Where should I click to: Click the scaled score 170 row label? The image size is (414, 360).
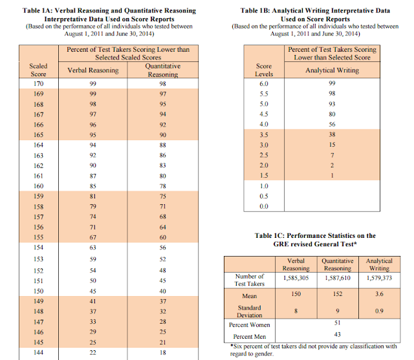tap(39, 83)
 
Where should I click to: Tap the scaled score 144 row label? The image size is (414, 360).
tap(39, 353)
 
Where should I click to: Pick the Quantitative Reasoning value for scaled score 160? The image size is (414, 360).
tap(162, 187)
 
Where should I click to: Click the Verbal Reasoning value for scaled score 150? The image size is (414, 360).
tap(94, 290)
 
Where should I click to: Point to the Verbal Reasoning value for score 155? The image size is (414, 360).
tap(94, 238)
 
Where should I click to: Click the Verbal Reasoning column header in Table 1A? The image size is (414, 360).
tap(94, 70)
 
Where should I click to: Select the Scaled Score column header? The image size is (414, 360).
tap(39, 70)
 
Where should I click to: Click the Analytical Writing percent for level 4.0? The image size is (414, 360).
tap(332, 124)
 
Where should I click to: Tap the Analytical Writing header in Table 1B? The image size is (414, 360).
tap(332, 70)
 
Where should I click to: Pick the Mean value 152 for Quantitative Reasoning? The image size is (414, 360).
tap(338, 294)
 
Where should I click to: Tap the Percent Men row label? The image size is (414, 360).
tap(250, 336)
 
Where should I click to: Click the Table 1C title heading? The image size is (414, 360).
tap(316, 240)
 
